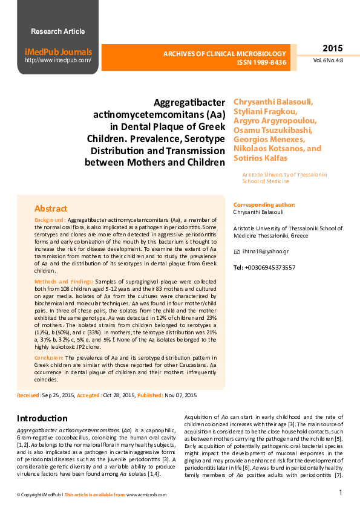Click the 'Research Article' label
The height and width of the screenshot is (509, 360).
pos(57,31)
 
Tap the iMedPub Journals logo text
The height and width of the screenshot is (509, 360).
pos(58,52)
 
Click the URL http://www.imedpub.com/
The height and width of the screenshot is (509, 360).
pos(58,60)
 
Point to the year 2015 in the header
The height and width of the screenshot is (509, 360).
pos(332,48)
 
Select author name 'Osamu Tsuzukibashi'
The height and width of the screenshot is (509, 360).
pos(273,130)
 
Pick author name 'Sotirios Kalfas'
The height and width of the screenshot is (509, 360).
pos(261,158)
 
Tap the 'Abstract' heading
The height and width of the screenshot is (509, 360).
pos(51,209)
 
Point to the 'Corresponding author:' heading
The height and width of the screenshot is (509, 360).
pos(264,205)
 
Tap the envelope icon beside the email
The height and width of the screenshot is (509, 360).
pos(237,251)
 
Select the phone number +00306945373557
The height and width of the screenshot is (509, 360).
pos(270,267)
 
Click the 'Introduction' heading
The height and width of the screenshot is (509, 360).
pos(42,418)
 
